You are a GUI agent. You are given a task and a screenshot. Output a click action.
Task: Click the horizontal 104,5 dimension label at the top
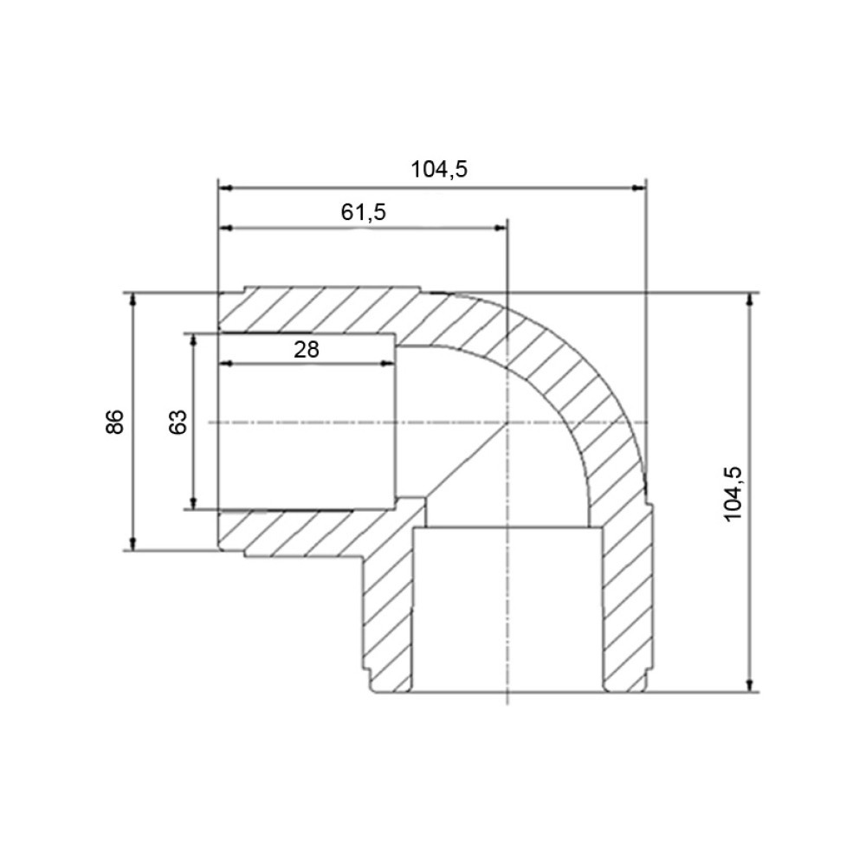pyautogui.click(x=439, y=169)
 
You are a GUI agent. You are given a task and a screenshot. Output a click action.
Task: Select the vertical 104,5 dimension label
pyautogui.click(x=733, y=494)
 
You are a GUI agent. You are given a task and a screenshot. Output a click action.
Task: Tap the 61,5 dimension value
pyautogui.click(x=364, y=211)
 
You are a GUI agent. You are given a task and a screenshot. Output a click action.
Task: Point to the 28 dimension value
pyautogui.click(x=307, y=350)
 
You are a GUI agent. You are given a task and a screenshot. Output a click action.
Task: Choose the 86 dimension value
pyautogui.click(x=115, y=422)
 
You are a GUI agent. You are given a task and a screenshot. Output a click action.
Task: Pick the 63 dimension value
pyautogui.click(x=178, y=422)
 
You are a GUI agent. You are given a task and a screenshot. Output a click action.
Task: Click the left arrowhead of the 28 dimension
pyautogui.click(x=226, y=364)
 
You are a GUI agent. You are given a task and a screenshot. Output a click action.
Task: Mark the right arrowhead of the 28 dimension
pyautogui.click(x=388, y=364)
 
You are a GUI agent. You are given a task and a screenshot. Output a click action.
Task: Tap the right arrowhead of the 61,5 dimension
pyautogui.click(x=500, y=228)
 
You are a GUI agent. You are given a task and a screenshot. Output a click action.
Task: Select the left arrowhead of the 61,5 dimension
pyautogui.click(x=226, y=228)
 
